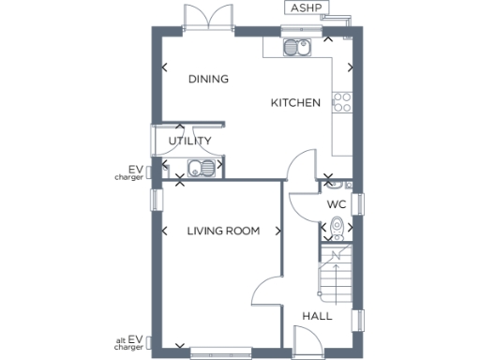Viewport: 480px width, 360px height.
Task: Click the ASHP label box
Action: pyautogui.click(x=307, y=9)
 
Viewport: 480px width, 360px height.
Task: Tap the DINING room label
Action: pyautogui.click(x=208, y=80)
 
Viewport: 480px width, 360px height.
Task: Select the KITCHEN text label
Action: pyautogui.click(x=296, y=102)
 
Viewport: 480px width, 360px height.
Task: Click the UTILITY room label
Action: pyautogui.click(x=189, y=141)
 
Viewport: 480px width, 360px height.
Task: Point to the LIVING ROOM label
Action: pyautogui.click(x=222, y=231)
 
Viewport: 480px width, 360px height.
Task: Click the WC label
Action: pyautogui.click(x=337, y=204)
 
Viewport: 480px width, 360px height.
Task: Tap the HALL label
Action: pyautogui.click(x=317, y=317)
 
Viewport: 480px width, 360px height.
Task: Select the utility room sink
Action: pyautogui.click(x=200, y=169)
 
